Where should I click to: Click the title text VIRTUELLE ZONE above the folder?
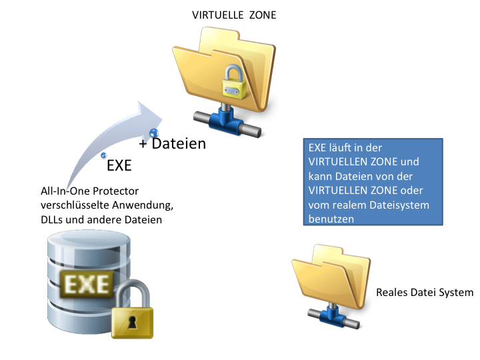pyautogui.click(x=234, y=15)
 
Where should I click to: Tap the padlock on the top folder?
pyautogui.click(x=234, y=82)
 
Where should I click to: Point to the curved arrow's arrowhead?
pyautogui.click(x=149, y=114)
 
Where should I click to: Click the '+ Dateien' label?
pyautogui.click(x=173, y=143)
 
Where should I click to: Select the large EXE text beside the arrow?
pyautogui.click(x=119, y=165)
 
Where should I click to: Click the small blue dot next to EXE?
pyautogui.click(x=104, y=155)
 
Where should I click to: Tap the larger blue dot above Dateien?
pyautogui.click(x=154, y=133)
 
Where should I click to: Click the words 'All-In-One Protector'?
pyautogui.click(x=90, y=191)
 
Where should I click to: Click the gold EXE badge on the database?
pyautogui.click(x=86, y=284)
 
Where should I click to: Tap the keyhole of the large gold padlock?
pyautogui.click(x=132, y=323)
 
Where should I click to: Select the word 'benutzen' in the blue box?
pyautogui.click(x=331, y=219)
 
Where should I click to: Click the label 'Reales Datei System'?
pyautogui.click(x=425, y=293)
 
